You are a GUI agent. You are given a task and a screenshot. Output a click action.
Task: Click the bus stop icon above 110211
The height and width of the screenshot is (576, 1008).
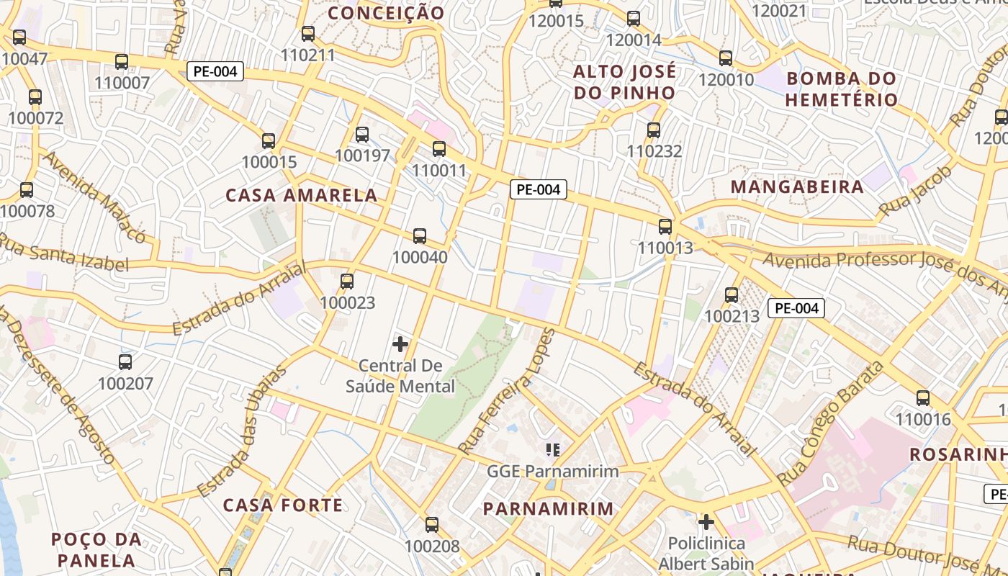coord(308,33)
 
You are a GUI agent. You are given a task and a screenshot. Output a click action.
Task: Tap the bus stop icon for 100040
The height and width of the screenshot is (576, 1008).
coord(420,235)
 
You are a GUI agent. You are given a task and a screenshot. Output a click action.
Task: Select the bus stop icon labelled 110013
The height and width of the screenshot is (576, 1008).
coord(665,226)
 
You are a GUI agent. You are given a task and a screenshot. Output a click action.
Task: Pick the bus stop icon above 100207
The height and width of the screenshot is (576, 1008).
coord(125,361)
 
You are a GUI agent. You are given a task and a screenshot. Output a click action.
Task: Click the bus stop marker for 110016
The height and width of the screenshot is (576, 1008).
coord(923,397)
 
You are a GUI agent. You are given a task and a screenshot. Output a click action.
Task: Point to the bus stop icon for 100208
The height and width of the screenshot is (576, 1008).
coord(432,524)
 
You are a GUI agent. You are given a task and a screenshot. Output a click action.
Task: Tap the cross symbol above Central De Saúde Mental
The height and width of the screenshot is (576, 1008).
coord(400,344)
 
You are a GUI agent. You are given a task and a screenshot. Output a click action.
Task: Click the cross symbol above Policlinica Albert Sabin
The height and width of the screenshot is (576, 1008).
coord(706,521)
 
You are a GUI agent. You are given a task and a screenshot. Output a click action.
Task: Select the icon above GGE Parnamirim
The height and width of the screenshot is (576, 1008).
coord(553,450)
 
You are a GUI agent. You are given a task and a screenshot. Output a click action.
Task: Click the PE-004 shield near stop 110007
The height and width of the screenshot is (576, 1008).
coord(215,71)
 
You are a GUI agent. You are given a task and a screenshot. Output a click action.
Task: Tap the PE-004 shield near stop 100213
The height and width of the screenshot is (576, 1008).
coord(796,308)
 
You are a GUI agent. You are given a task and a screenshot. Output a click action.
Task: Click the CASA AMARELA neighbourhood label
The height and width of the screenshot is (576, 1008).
coord(301,195)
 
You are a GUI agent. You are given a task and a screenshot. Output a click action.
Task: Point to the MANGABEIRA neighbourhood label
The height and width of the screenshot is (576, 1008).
coord(797,187)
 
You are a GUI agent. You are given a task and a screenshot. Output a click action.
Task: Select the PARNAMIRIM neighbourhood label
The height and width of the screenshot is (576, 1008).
coord(548,509)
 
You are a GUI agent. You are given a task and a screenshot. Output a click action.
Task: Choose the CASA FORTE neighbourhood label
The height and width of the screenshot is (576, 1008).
coord(283,505)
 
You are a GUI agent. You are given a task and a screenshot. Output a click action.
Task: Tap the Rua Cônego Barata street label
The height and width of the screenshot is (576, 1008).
coord(831,423)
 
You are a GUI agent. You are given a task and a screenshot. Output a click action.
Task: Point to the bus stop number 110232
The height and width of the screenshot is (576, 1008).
coord(654,151)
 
